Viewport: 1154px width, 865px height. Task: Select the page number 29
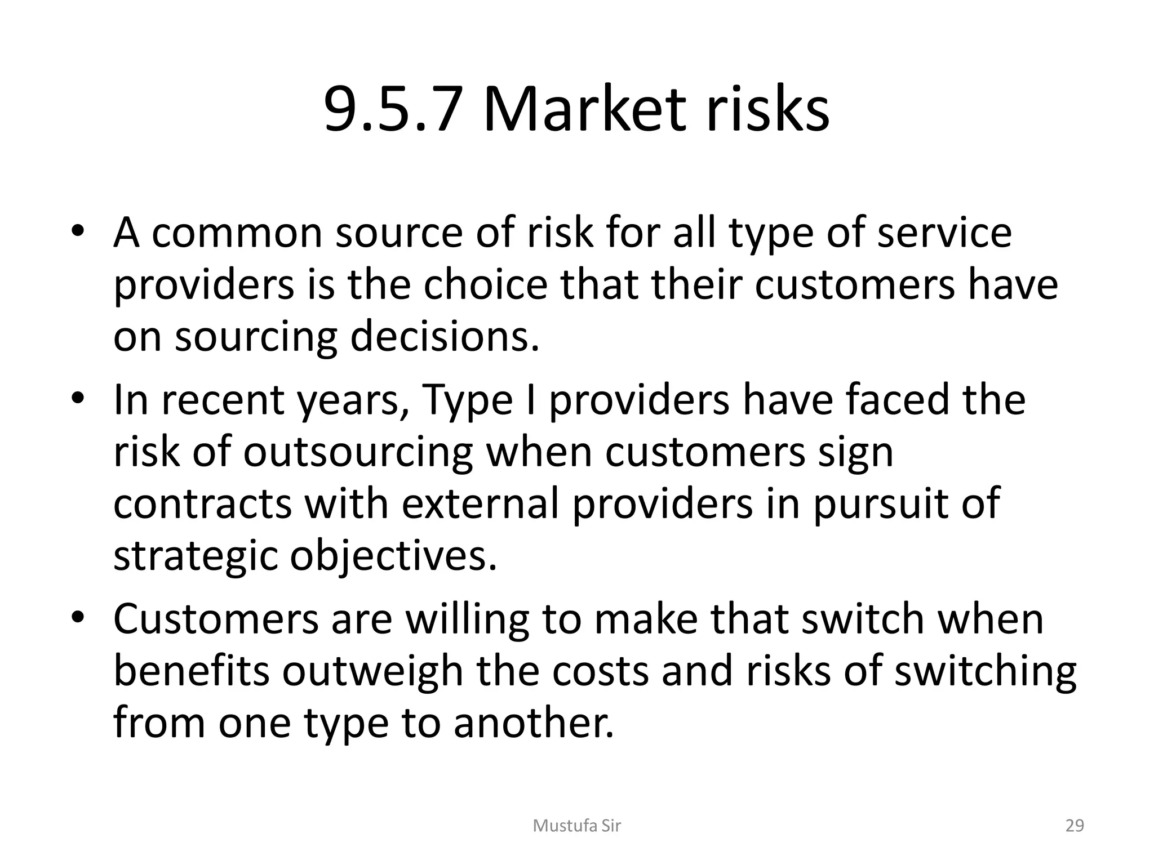coord(1075,826)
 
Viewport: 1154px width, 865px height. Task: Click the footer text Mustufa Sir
coord(576,826)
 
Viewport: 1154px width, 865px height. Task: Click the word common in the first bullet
coord(237,233)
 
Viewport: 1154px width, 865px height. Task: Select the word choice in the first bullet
coord(485,284)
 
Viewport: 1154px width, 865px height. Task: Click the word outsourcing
coord(358,453)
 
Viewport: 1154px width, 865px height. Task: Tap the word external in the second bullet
coord(480,503)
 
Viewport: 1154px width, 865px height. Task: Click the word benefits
coord(191,671)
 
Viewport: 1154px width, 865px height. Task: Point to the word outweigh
coord(372,671)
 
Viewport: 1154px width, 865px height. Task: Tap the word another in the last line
coord(533,723)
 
